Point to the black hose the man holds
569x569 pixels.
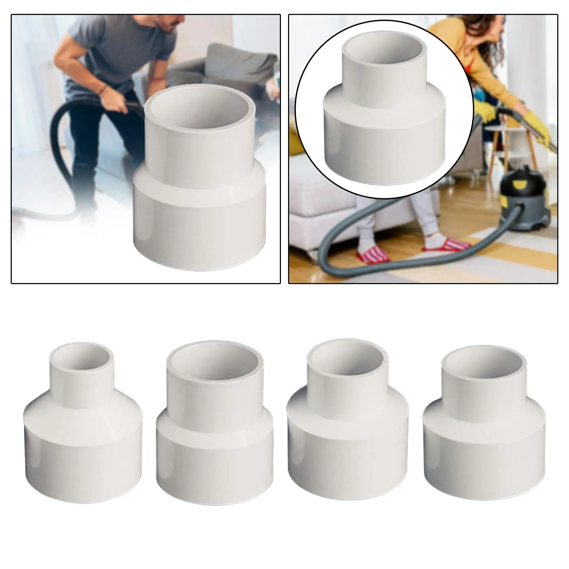point(64,135)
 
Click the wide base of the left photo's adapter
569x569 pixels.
point(199,220)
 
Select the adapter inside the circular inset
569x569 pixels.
point(384,107)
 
